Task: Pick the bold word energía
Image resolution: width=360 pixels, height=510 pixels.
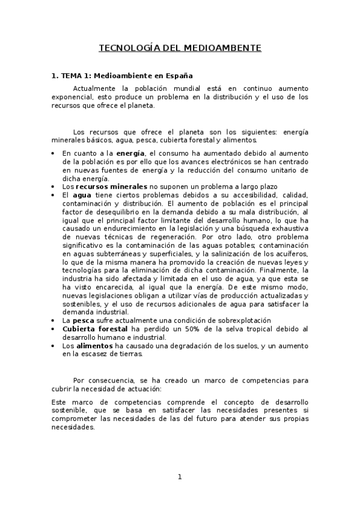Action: [131, 153]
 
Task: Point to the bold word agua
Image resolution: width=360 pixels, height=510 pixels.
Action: [82, 195]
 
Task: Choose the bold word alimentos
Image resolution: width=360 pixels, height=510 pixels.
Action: [94, 346]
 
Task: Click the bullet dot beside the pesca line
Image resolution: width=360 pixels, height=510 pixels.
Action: [53, 321]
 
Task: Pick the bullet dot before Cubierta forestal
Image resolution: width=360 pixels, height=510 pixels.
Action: [53, 329]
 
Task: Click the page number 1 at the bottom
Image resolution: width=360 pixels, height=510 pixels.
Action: [179, 477]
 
